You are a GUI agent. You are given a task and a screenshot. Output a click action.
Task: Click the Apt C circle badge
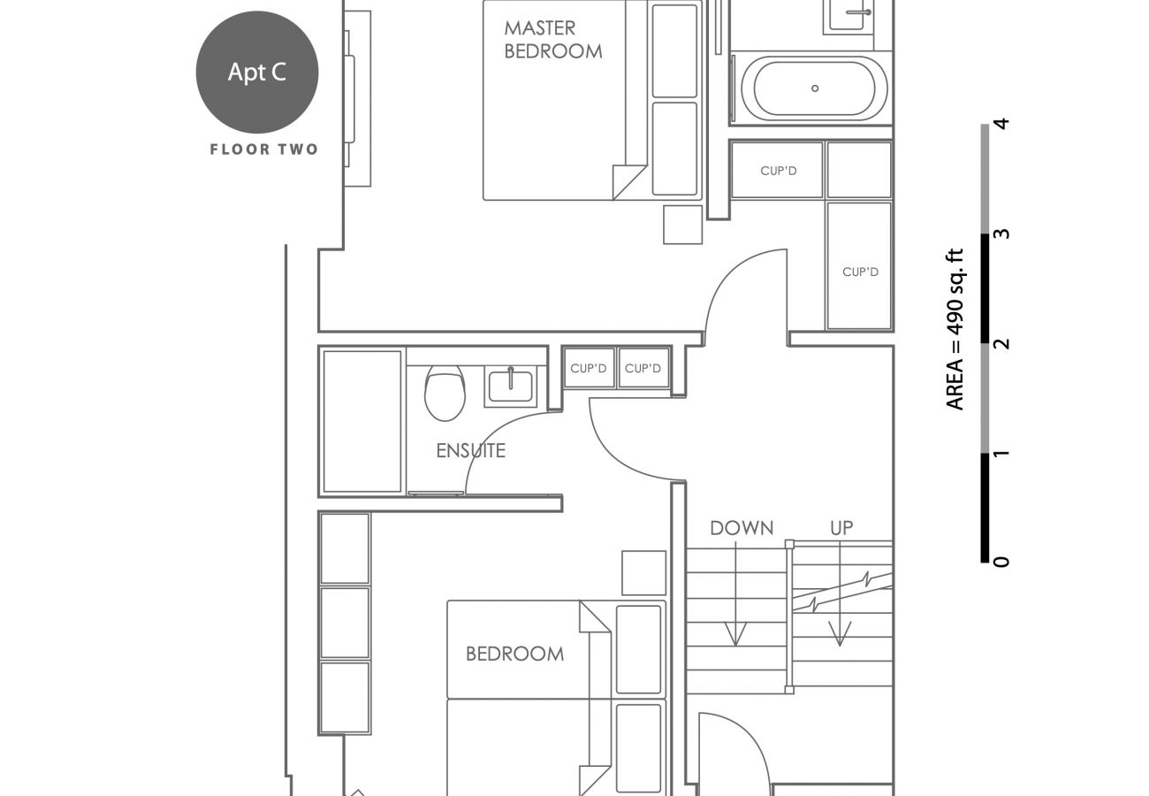(257, 73)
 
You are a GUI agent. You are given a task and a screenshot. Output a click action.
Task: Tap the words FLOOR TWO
(263, 149)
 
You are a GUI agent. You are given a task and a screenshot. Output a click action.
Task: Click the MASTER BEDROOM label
(552, 41)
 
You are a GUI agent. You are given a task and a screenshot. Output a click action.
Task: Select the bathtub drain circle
(815, 88)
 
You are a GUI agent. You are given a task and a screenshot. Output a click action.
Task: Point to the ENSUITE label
(470, 451)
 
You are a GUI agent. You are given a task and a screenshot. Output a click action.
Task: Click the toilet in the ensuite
(445, 394)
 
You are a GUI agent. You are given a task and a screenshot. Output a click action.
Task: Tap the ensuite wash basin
(509, 387)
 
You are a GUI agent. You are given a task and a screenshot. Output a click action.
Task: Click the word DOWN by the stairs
(742, 529)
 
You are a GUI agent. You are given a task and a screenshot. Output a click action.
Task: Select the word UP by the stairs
(841, 528)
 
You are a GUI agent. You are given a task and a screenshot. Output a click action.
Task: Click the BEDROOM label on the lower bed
(514, 654)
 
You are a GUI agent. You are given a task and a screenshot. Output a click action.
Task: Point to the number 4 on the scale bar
(1001, 124)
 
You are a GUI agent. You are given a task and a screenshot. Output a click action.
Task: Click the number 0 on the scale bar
(1001, 562)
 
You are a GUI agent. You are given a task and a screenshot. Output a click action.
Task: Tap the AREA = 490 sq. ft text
(955, 329)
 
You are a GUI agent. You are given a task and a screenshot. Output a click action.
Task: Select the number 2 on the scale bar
(1001, 343)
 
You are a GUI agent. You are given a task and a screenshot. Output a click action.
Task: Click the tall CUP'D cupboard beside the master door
(859, 265)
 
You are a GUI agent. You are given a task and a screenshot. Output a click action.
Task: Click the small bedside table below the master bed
(682, 225)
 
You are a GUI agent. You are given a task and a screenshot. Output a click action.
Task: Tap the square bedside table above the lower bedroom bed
(643, 572)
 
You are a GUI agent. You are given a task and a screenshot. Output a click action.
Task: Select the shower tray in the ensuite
(362, 421)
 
